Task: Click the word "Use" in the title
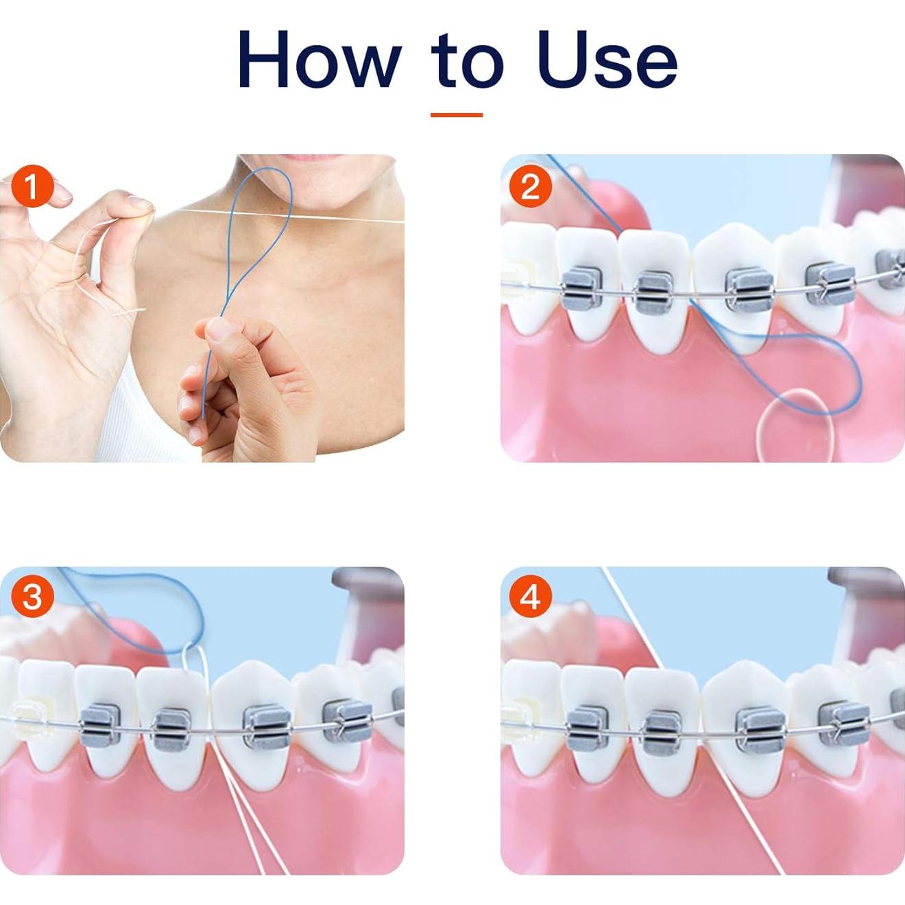(607, 60)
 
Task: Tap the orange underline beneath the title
(457, 114)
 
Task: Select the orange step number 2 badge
(530, 186)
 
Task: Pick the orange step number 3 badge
(32, 596)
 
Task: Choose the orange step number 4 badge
(530, 596)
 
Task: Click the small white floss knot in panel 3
(191, 648)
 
